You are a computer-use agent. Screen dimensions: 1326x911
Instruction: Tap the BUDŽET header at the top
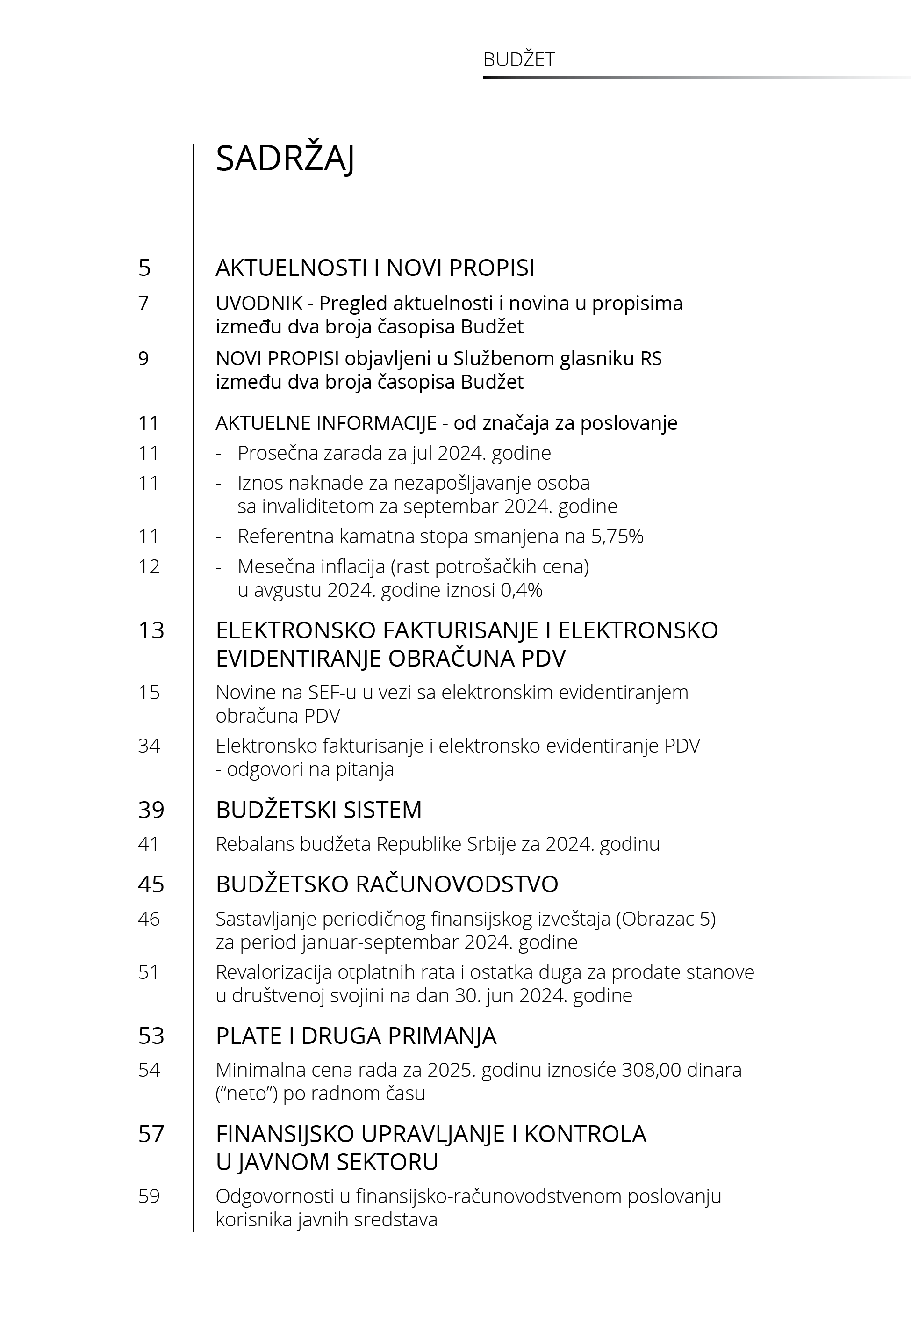[518, 60]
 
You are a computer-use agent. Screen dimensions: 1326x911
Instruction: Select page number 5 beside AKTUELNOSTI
[144, 268]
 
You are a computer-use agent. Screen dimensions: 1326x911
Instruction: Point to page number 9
[143, 359]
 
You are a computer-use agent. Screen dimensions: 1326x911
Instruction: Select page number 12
[149, 566]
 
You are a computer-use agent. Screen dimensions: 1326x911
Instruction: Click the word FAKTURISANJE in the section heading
[460, 630]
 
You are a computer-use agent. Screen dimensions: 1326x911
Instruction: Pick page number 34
[149, 746]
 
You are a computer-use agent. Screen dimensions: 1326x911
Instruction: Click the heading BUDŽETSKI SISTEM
[318, 810]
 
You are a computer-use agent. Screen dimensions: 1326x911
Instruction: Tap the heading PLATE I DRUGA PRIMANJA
[356, 1036]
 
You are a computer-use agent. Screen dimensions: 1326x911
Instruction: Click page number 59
[149, 1196]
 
